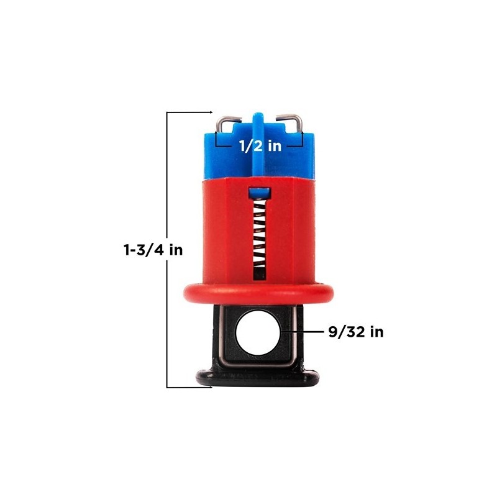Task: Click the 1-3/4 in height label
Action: (153, 250)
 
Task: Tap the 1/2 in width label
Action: (260, 146)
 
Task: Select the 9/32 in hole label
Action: (355, 332)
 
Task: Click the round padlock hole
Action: (258, 332)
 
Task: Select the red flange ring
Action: (258, 293)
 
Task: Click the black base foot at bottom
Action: (258, 377)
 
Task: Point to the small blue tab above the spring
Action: (260, 193)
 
